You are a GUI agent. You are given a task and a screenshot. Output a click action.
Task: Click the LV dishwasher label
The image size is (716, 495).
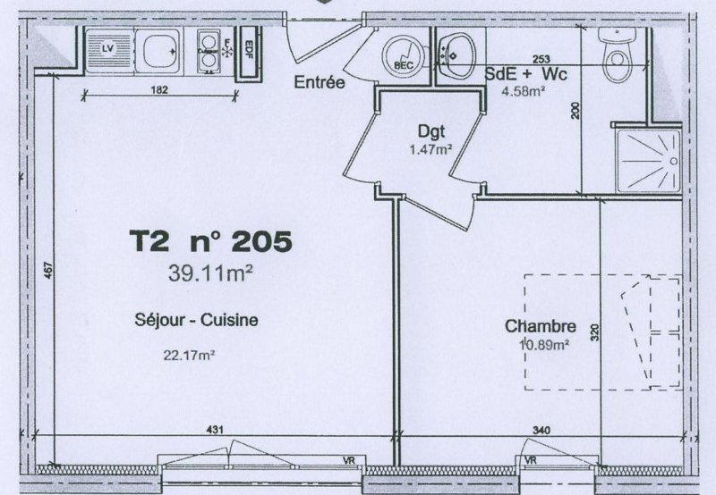107,48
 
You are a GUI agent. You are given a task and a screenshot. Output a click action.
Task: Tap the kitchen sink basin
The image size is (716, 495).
160,51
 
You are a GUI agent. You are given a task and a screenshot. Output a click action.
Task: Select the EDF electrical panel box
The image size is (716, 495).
249,54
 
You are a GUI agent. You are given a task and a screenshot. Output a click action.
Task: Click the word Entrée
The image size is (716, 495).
320,82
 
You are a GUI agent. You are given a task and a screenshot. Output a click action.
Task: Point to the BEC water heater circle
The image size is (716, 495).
404,56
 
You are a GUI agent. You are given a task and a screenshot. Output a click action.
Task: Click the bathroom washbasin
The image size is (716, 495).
456,55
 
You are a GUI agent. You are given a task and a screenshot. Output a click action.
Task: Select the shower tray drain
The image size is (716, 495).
674,162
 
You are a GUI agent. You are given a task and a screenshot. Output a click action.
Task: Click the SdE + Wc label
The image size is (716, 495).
525,74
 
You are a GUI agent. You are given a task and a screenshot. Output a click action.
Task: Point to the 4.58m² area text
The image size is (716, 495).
524,91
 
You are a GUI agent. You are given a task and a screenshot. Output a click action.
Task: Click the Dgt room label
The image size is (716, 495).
431,131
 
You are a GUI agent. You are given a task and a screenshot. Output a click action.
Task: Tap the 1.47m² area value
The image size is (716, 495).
430,149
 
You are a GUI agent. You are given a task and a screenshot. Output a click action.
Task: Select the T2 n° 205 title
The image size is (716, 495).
210,240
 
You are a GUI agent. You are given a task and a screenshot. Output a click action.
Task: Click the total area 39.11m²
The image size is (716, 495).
210,273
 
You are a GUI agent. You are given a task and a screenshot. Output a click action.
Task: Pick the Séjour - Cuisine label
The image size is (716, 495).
196,320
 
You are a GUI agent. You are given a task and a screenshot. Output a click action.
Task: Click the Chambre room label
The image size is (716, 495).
541,326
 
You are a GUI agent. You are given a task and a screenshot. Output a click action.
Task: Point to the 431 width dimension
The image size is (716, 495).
215,430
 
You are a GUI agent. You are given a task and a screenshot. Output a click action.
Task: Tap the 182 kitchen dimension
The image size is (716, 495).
159,89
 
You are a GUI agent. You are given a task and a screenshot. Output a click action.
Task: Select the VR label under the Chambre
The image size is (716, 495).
531,460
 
